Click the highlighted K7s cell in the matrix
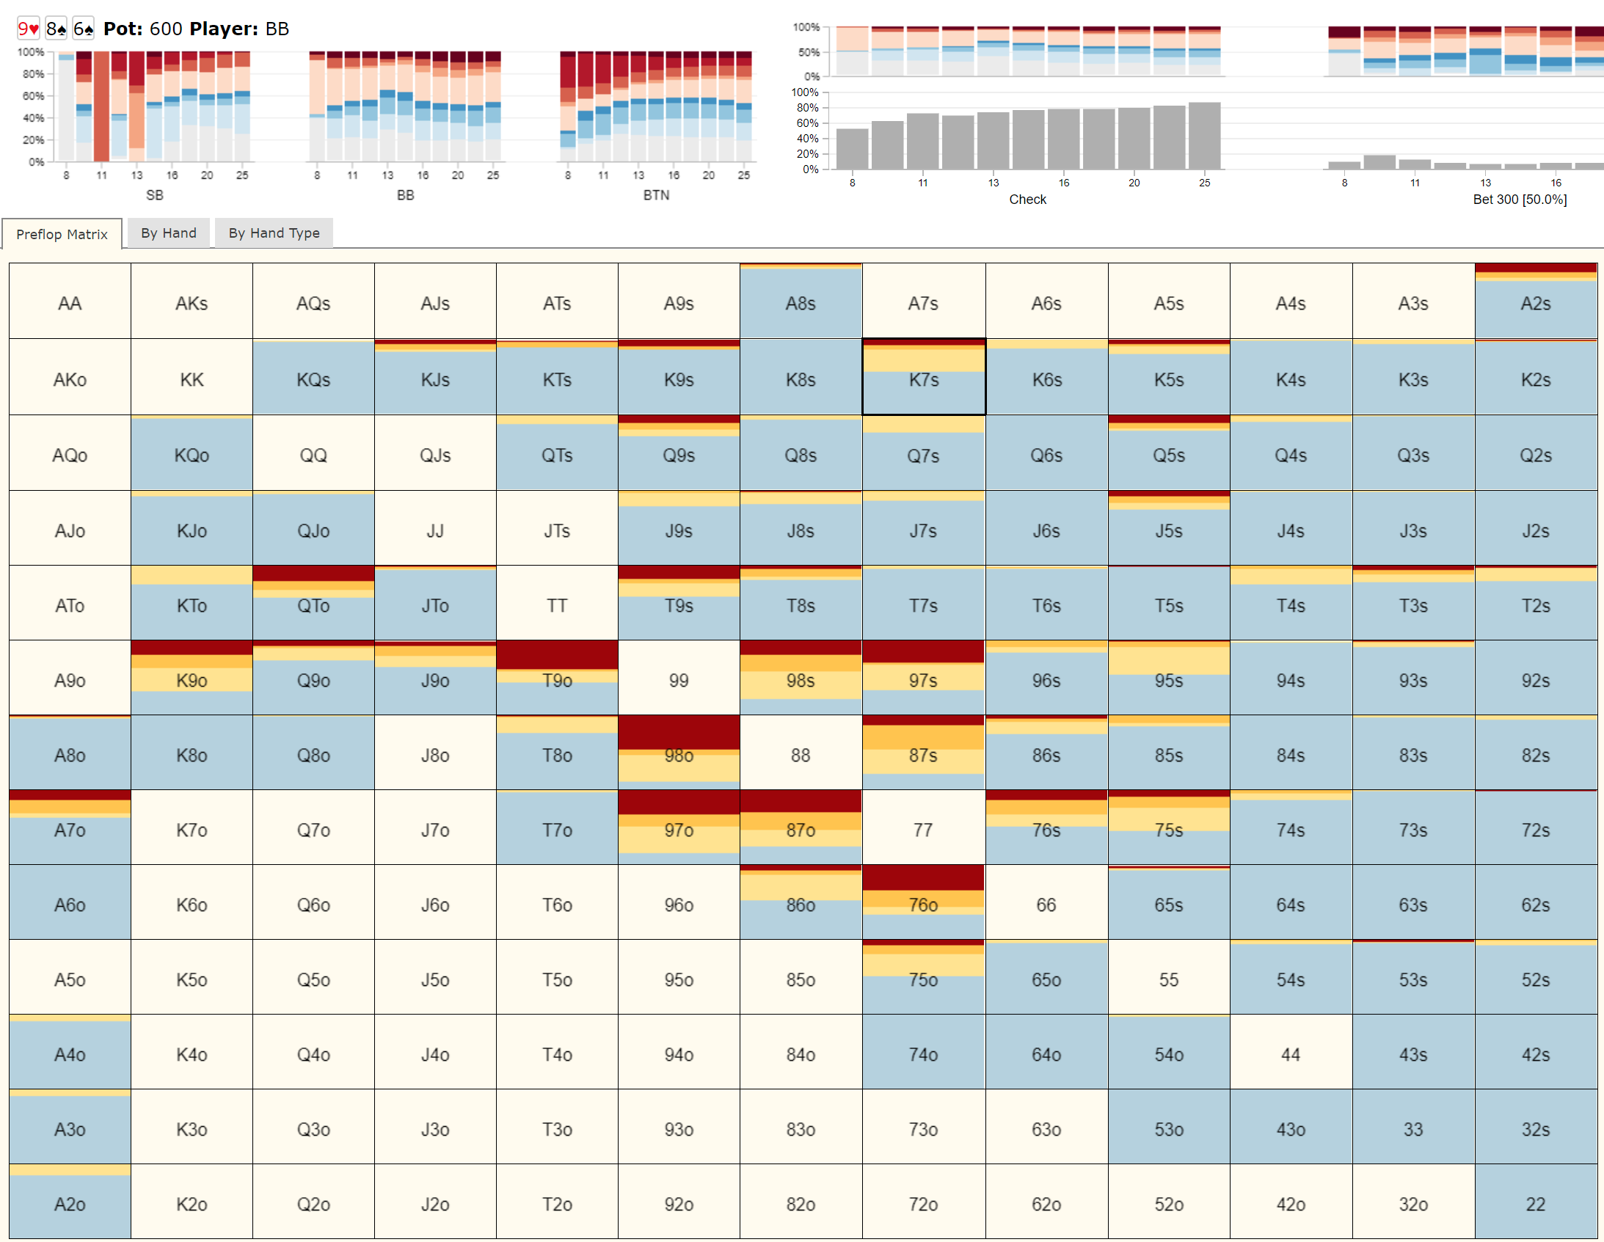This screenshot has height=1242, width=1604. pos(923,379)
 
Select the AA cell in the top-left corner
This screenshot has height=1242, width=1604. pos(70,302)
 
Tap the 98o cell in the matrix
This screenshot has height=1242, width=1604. pos(679,754)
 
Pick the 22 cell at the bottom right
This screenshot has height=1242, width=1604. pos(1535,1203)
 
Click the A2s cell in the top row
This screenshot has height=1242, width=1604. pos(1535,302)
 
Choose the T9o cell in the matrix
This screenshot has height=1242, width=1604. pos(557,679)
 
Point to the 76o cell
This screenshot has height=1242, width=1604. pos(923,904)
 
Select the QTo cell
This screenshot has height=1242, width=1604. pos(313,604)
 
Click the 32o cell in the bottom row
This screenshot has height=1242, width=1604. pos(1412,1203)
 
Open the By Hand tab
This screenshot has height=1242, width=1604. pos(168,233)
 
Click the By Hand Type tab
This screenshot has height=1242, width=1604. pos(274,233)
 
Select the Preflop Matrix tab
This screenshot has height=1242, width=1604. pos(62,234)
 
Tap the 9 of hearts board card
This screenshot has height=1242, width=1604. pos(28,29)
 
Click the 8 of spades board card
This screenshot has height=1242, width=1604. pos(56,29)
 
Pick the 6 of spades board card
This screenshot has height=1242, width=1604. pos(84,29)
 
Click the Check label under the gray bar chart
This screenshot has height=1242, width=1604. pos(1027,199)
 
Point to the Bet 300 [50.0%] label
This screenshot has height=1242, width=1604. pos(1520,199)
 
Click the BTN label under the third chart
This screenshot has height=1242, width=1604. pos(656,194)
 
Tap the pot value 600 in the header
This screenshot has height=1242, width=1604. pos(166,29)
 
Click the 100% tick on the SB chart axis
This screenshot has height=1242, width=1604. pos(31,52)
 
